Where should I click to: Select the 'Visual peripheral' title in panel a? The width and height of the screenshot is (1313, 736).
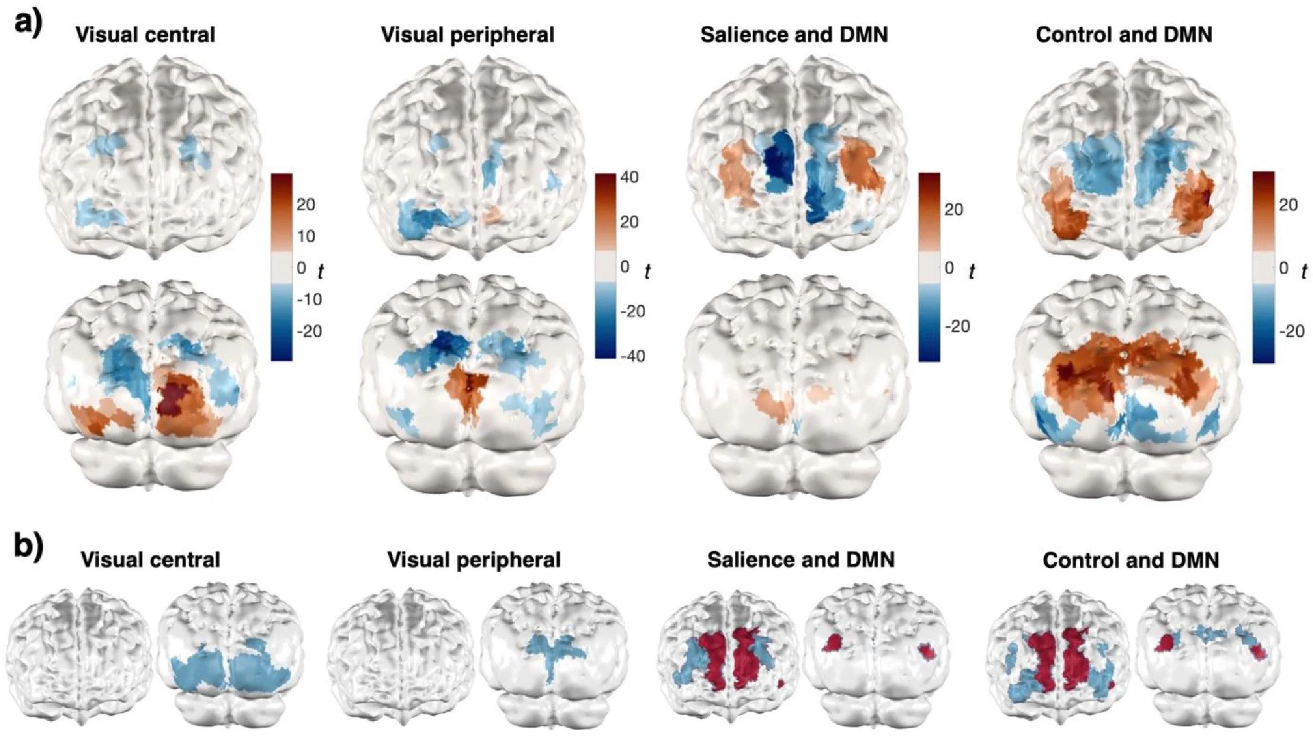(467, 35)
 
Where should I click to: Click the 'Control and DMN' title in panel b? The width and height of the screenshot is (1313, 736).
(1131, 561)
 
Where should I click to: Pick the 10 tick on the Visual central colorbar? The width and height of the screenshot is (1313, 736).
(306, 236)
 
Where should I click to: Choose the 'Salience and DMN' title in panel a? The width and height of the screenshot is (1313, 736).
(794, 35)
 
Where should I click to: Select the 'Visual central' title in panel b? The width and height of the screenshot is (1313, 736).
(150, 561)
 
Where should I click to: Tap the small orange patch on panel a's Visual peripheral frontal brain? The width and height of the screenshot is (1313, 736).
(492, 214)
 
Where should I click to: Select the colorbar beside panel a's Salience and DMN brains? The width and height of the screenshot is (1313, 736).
(929, 266)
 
